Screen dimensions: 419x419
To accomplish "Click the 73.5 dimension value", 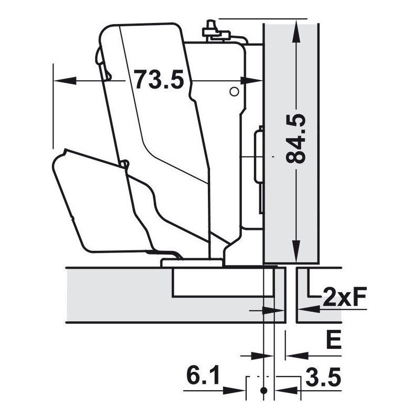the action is [x=159, y=80].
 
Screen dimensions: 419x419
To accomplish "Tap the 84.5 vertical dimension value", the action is [x=296, y=139].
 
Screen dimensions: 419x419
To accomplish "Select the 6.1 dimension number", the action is [x=203, y=376].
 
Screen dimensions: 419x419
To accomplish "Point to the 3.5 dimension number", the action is [x=323, y=377].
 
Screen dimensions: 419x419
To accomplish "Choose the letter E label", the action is [x=334, y=339].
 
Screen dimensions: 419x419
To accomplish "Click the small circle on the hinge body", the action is [x=234, y=92].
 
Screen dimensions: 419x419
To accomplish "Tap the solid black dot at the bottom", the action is [x=264, y=390].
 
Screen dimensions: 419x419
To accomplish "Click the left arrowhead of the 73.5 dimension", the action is [x=64, y=80].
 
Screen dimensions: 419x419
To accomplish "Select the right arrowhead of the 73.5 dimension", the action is [x=251, y=80].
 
